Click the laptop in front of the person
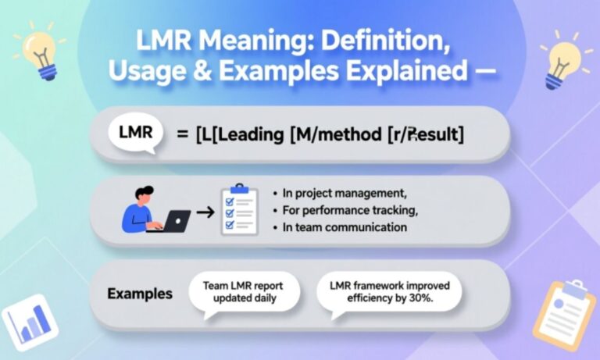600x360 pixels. (172, 222)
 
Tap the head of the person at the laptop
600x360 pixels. (141, 194)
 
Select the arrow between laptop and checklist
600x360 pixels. (205, 212)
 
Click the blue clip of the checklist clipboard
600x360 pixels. (239, 188)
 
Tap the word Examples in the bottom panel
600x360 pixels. (140, 294)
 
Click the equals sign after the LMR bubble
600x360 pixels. (181, 134)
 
